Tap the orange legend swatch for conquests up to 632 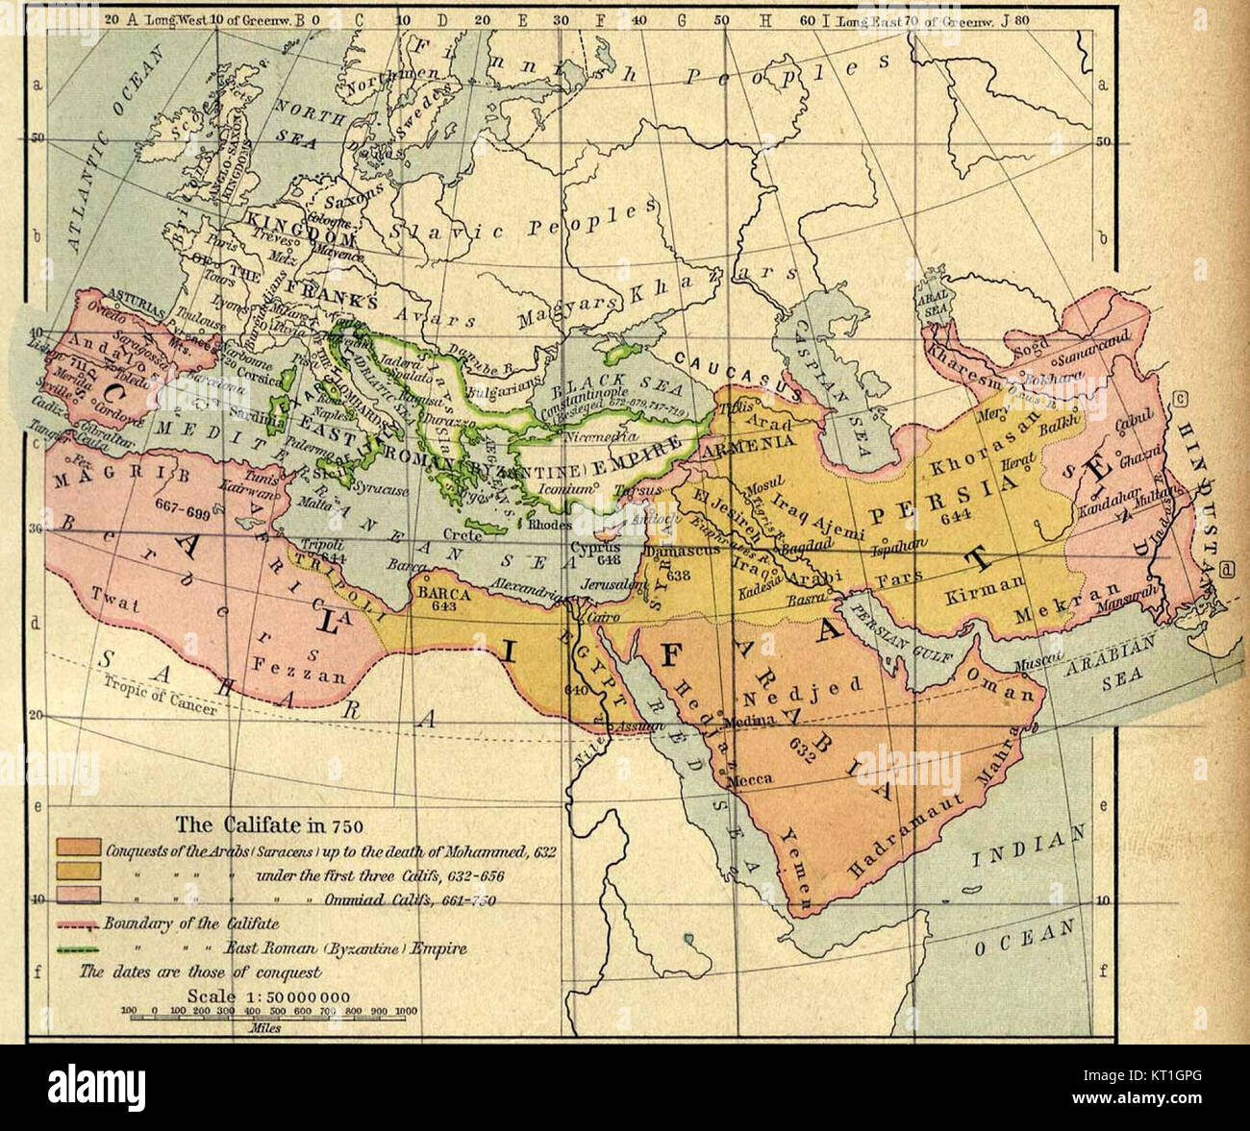[79, 848]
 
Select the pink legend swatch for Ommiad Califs [79, 896]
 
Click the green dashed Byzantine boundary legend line [79, 948]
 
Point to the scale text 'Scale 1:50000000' [270, 996]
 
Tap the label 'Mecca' [753, 780]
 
